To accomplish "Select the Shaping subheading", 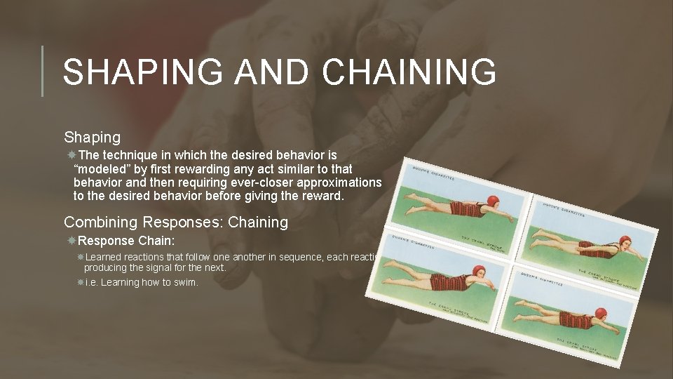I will click(x=92, y=137).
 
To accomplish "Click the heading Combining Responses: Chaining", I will click(x=176, y=222).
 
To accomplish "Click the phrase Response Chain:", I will click(x=125, y=241).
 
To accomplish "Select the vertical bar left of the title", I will click(x=42, y=71).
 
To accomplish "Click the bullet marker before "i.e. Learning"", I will click(x=80, y=282).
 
